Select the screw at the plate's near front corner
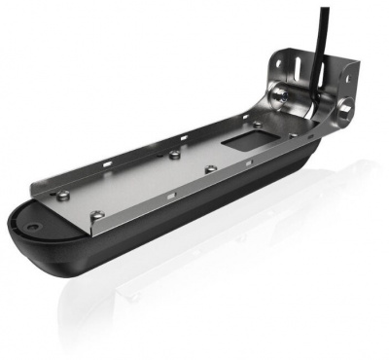point(95,215)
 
